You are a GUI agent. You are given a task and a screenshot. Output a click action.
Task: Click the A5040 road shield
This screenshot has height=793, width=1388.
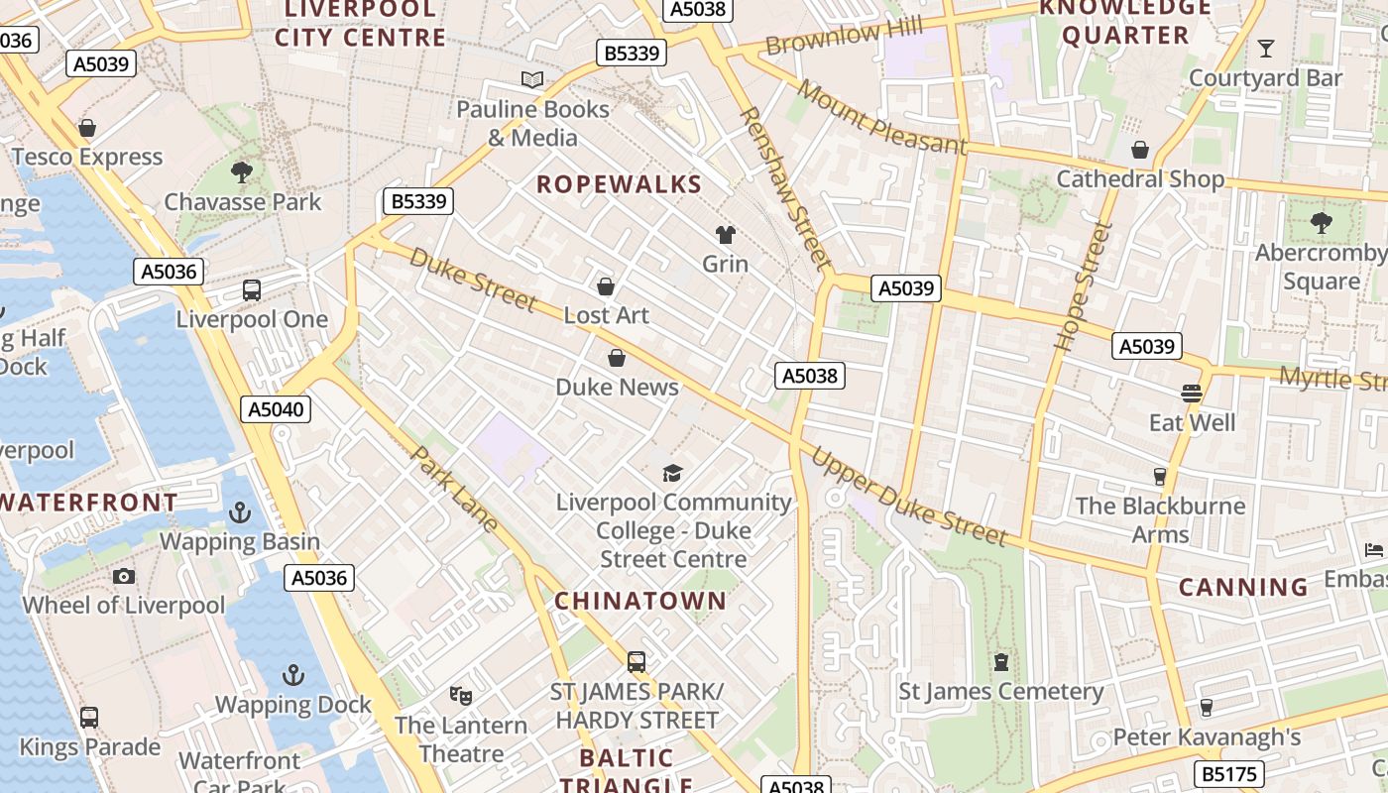[277, 409]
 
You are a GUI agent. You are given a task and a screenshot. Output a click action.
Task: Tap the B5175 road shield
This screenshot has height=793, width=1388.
[1228, 773]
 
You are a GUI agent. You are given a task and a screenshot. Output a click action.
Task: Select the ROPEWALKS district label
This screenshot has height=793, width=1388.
[620, 184]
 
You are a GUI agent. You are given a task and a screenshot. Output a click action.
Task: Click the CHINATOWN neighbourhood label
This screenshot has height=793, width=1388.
[640, 601]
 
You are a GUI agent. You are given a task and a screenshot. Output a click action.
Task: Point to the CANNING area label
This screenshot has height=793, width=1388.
[1243, 587]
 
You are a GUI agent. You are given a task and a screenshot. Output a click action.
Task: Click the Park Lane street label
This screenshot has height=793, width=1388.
[454, 489]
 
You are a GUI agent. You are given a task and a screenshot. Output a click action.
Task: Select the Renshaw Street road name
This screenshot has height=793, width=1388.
[784, 188]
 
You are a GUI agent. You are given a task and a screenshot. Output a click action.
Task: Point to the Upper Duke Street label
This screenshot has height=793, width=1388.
[908, 498]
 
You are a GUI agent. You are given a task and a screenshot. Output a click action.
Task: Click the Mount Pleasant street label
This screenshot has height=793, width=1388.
[880, 118]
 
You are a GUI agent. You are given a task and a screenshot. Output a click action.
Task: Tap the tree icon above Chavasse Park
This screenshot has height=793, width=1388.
[241, 172]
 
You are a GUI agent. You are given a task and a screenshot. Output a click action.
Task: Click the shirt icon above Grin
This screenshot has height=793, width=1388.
[726, 235]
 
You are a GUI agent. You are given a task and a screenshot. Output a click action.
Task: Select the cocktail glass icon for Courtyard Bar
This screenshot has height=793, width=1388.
[1265, 48]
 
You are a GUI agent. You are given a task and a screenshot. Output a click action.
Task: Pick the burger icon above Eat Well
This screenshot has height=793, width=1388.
[1192, 393]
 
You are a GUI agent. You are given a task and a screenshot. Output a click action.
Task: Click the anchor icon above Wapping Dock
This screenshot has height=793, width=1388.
[292, 675]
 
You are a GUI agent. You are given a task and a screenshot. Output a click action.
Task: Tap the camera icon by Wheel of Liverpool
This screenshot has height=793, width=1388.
[124, 576]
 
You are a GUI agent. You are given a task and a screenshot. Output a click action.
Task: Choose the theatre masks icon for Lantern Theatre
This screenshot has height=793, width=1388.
[460, 695]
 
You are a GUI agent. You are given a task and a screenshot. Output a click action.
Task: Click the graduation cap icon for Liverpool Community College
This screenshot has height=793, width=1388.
[673, 473]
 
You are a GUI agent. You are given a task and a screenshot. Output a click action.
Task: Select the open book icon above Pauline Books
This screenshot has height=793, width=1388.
[532, 79]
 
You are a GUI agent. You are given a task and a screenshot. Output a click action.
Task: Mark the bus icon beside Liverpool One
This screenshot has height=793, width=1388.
[252, 290]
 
